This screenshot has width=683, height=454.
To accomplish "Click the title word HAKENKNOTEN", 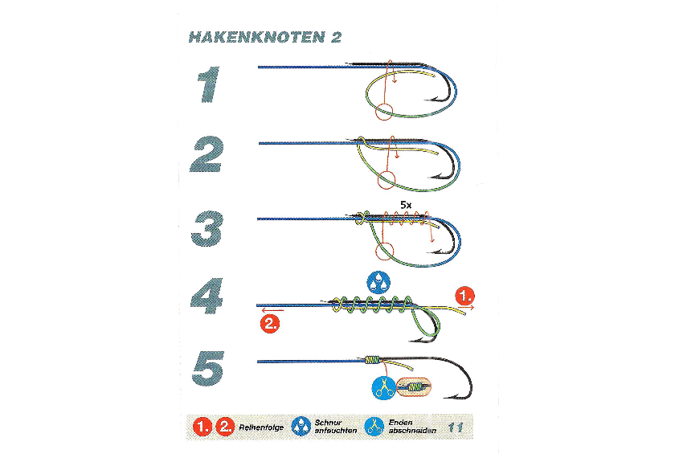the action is click(x=257, y=38).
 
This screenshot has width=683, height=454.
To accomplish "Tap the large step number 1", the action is click(x=209, y=84).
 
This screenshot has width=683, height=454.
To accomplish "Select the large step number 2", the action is click(x=207, y=153).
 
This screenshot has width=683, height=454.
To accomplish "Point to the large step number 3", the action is click(x=207, y=229).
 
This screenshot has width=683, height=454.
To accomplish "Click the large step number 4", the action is click(x=207, y=296).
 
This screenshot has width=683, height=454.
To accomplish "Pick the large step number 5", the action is click(x=208, y=369).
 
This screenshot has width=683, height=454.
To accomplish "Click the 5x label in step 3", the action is click(x=406, y=204).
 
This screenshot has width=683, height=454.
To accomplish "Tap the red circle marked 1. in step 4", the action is click(x=464, y=296).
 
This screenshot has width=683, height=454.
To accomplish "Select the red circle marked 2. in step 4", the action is click(x=270, y=324).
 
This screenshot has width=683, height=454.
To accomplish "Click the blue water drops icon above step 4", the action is click(x=378, y=283).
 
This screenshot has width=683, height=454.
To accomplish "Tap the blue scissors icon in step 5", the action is click(x=384, y=387).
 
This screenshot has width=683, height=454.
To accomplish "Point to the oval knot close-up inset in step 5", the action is click(x=414, y=387).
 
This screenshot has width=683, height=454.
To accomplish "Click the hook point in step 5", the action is click(x=445, y=398).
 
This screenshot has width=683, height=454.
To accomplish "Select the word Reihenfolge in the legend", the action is click(x=261, y=427).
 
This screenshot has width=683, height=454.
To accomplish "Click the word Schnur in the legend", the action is click(x=328, y=422).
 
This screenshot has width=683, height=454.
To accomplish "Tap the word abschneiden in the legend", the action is click(x=412, y=431).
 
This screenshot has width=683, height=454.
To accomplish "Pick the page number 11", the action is click(x=455, y=427).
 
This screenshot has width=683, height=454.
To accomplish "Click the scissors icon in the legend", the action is click(x=374, y=427).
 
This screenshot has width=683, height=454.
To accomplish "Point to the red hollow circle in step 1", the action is click(x=384, y=112).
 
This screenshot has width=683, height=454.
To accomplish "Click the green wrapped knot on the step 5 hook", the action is click(x=372, y=360).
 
